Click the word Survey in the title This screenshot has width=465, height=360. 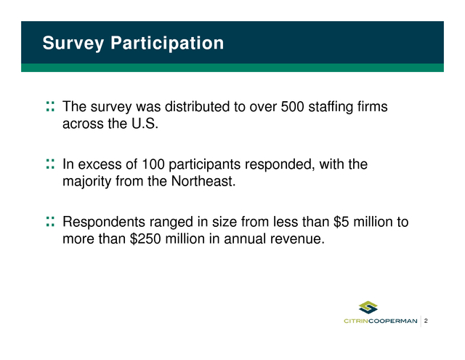pyautogui.click(x=73, y=44)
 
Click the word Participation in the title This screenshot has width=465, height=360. pyautogui.click(x=167, y=44)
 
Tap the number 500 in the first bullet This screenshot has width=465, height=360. pyautogui.click(x=292, y=107)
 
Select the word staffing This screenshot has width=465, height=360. pyautogui.click(x=331, y=107)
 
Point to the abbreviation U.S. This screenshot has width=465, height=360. pyautogui.click(x=145, y=124)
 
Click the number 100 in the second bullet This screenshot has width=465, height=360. pyautogui.click(x=153, y=164)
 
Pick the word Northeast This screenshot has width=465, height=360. pyautogui.click(x=203, y=181)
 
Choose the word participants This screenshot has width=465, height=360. pyautogui.click(x=204, y=164)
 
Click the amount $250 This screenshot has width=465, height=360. pyautogui.click(x=145, y=239)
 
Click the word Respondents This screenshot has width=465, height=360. pyautogui.click(x=104, y=223)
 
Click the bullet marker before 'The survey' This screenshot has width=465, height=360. pyautogui.click(x=50, y=107)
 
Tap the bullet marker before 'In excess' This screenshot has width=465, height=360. pyautogui.click(x=50, y=164)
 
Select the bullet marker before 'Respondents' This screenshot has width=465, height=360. pyautogui.click(x=50, y=221)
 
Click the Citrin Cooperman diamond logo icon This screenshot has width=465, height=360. pyautogui.click(x=368, y=308)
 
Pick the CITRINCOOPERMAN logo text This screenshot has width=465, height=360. pyautogui.click(x=381, y=321)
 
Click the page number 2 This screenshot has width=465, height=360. pyautogui.click(x=426, y=321)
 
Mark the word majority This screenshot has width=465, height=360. pyautogui.click(x=87, y=182)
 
